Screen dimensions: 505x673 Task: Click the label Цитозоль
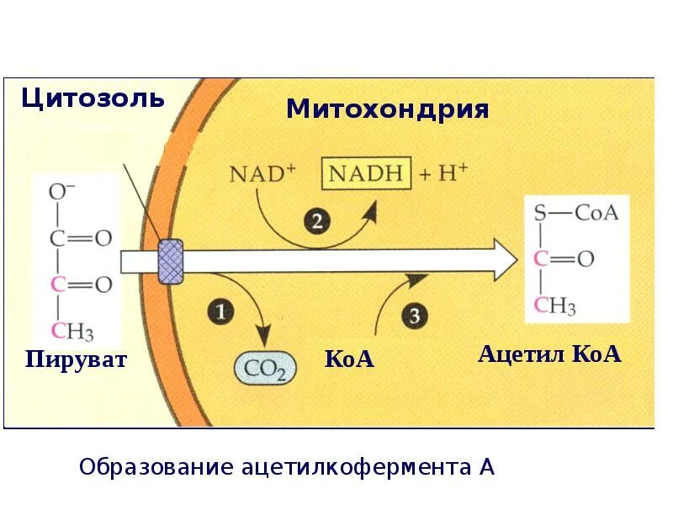pyautogui.click(x=93, y=98)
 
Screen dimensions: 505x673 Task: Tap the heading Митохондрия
pyautogui.click(x=387, y=109)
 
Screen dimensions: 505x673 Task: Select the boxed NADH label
pyautogui.click(x=366, y=175)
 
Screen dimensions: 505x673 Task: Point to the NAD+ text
pyautogui.click(x=262, y=175)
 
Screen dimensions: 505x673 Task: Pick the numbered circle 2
pyautogui.click(x=316, y=222)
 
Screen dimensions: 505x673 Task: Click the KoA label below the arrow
pyautogui.click(x=348, y=359)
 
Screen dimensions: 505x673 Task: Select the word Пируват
pyautogui.click(x=76, y=360)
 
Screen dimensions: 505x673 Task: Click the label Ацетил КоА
pyautogui.click(x=549, y=353)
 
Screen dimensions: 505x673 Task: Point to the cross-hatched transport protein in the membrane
pyautogui.click(x=171, y=262)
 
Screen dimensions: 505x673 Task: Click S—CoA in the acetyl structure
pyautogui.click(x=576, y=211)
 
